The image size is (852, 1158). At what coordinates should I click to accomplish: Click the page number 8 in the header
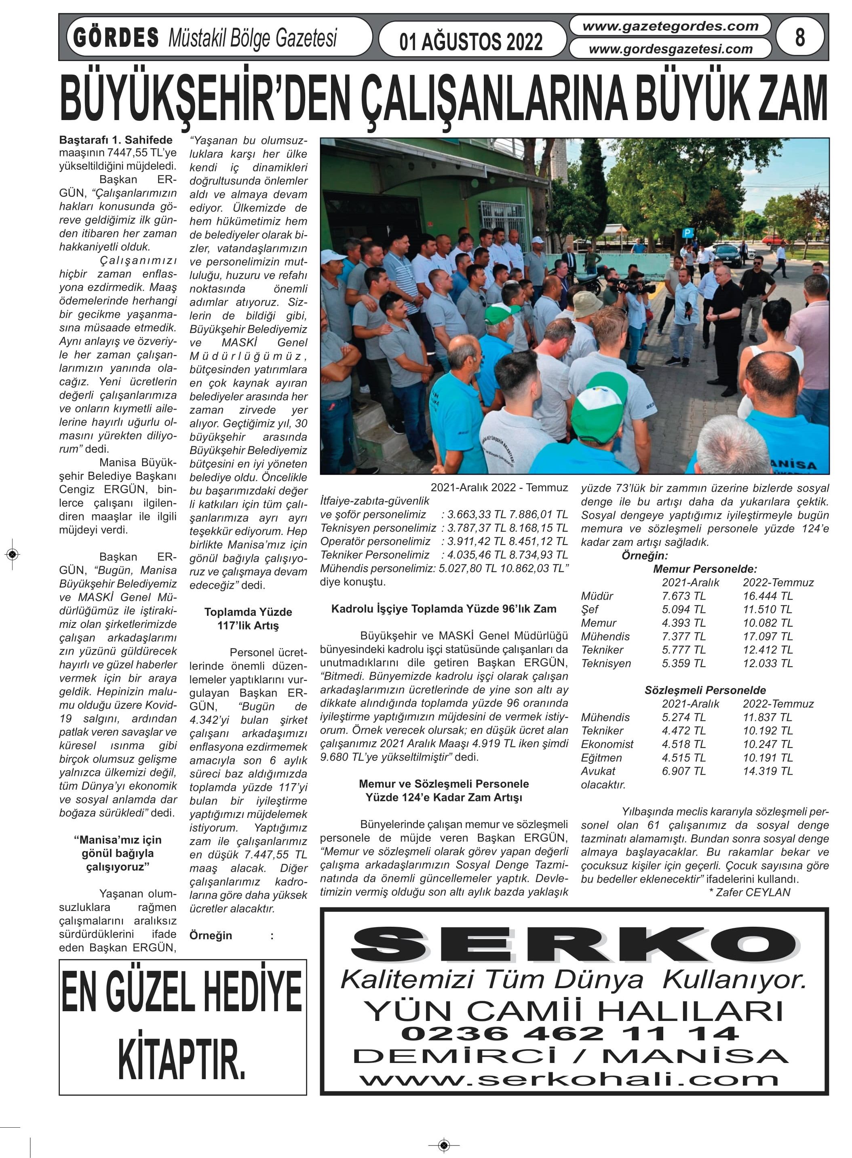click(x=799, y=37)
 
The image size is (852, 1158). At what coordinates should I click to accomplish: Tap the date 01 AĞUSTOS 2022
click(x=470, y=42)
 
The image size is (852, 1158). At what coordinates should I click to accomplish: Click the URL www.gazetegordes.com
click(x=670, y=26)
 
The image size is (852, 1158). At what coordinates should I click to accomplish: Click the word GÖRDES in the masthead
click(x=116, y=38)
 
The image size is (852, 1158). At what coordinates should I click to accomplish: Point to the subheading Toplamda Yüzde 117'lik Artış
click(x=248, y=619)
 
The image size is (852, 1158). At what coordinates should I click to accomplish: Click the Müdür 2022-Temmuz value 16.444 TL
click(x=768, y=596)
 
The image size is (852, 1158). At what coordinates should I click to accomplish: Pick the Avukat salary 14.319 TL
click(x=768, y=771)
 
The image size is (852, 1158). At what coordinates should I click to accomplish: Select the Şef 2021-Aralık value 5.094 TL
click(x=683, y=609)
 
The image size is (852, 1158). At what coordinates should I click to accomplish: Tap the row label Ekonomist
click(x=607, y=744)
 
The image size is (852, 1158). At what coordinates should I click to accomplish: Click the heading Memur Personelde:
click(x=704, y=569)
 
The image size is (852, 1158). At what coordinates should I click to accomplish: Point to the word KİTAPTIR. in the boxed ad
click(x=181, y=1059)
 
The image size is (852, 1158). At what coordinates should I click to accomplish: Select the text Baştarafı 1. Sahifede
click(x=116, y=140)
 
